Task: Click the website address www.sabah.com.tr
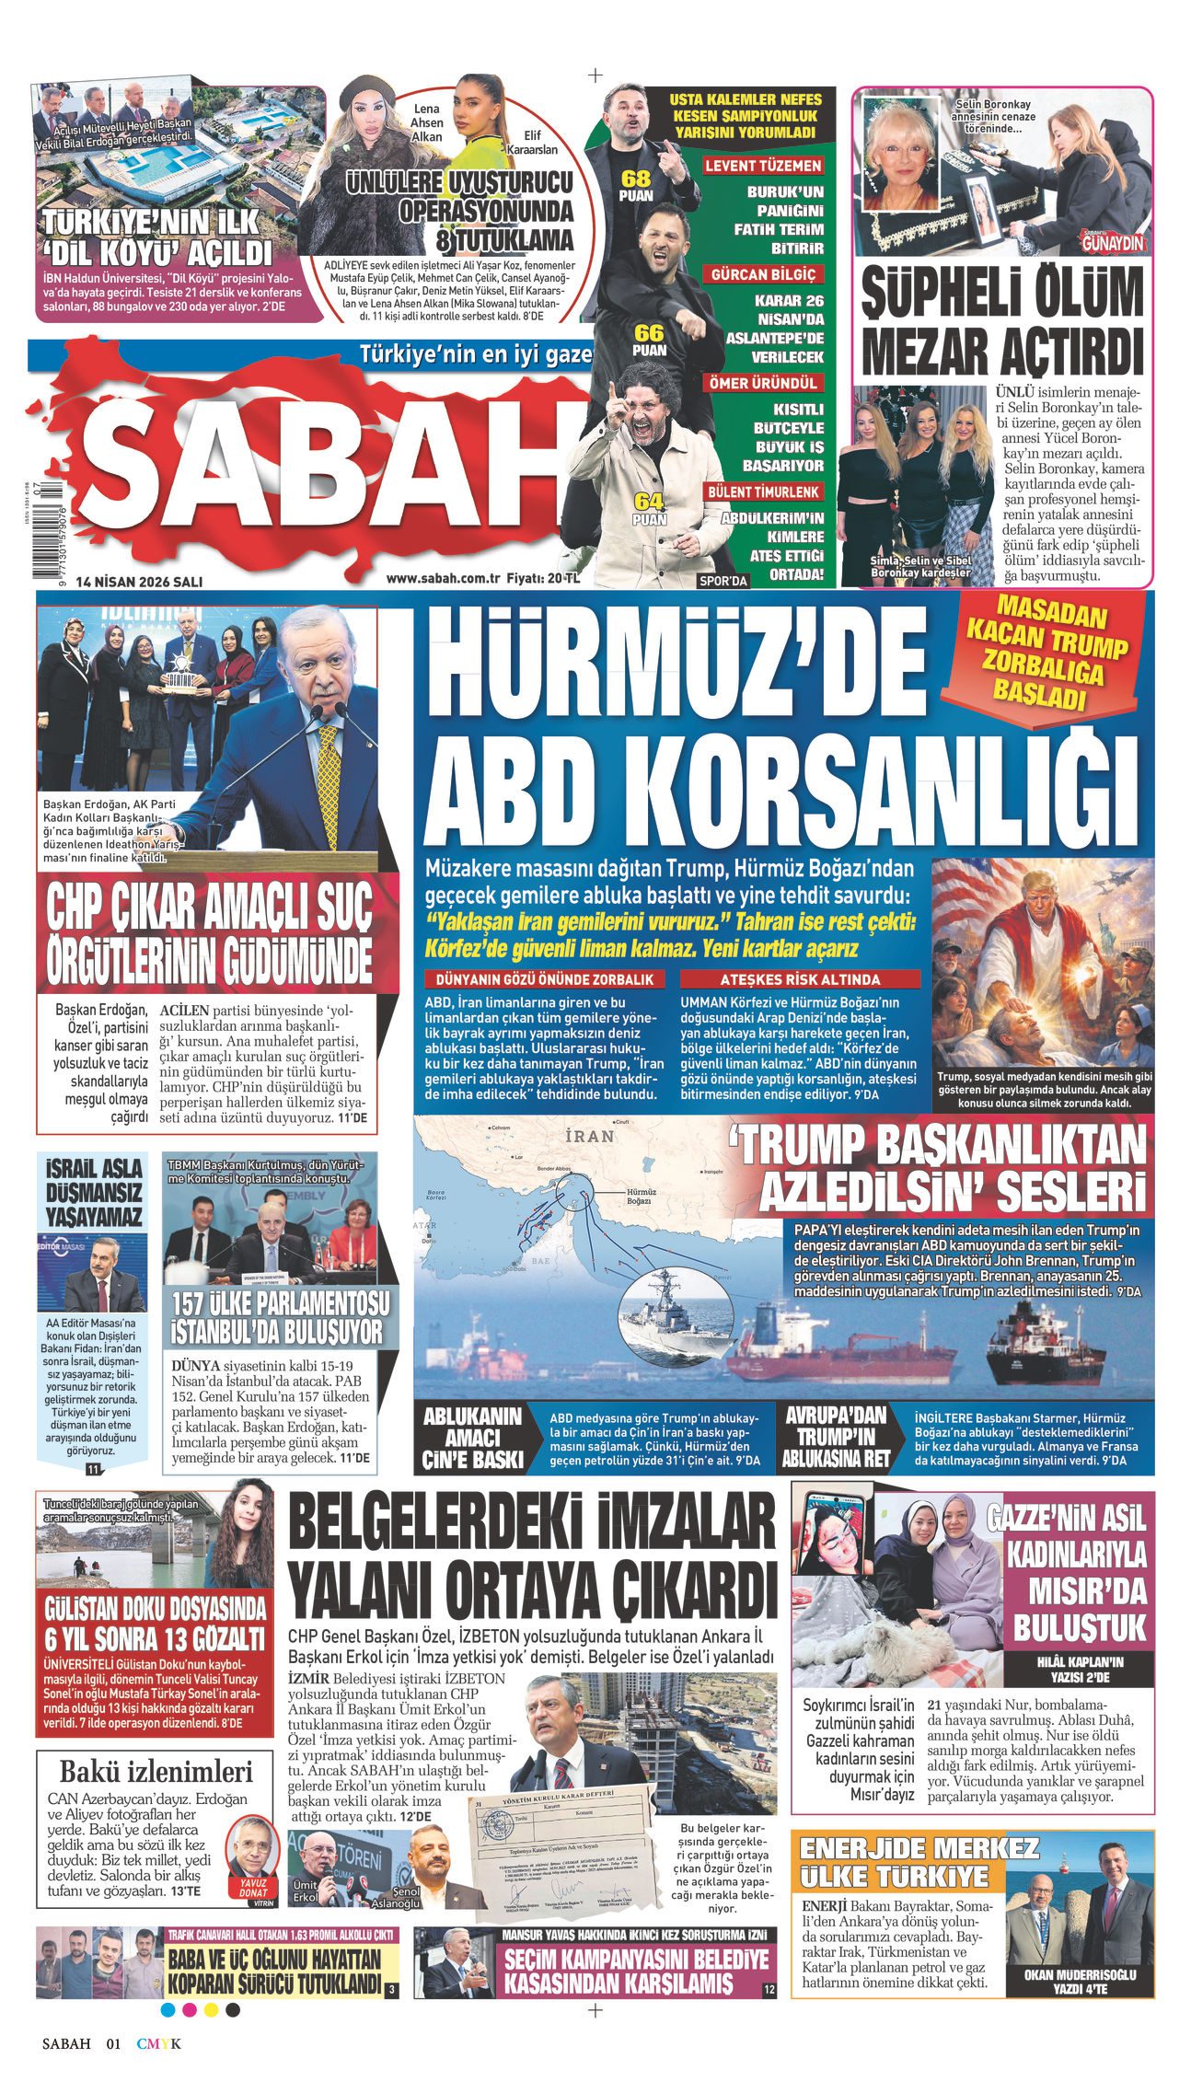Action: click(443, 579)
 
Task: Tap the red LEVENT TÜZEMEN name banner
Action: click(763, 167)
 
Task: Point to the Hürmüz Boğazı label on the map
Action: click(639, 1196)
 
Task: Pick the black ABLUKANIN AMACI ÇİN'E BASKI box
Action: click(472, 1437)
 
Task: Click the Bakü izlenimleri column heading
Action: click(156, 1770)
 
